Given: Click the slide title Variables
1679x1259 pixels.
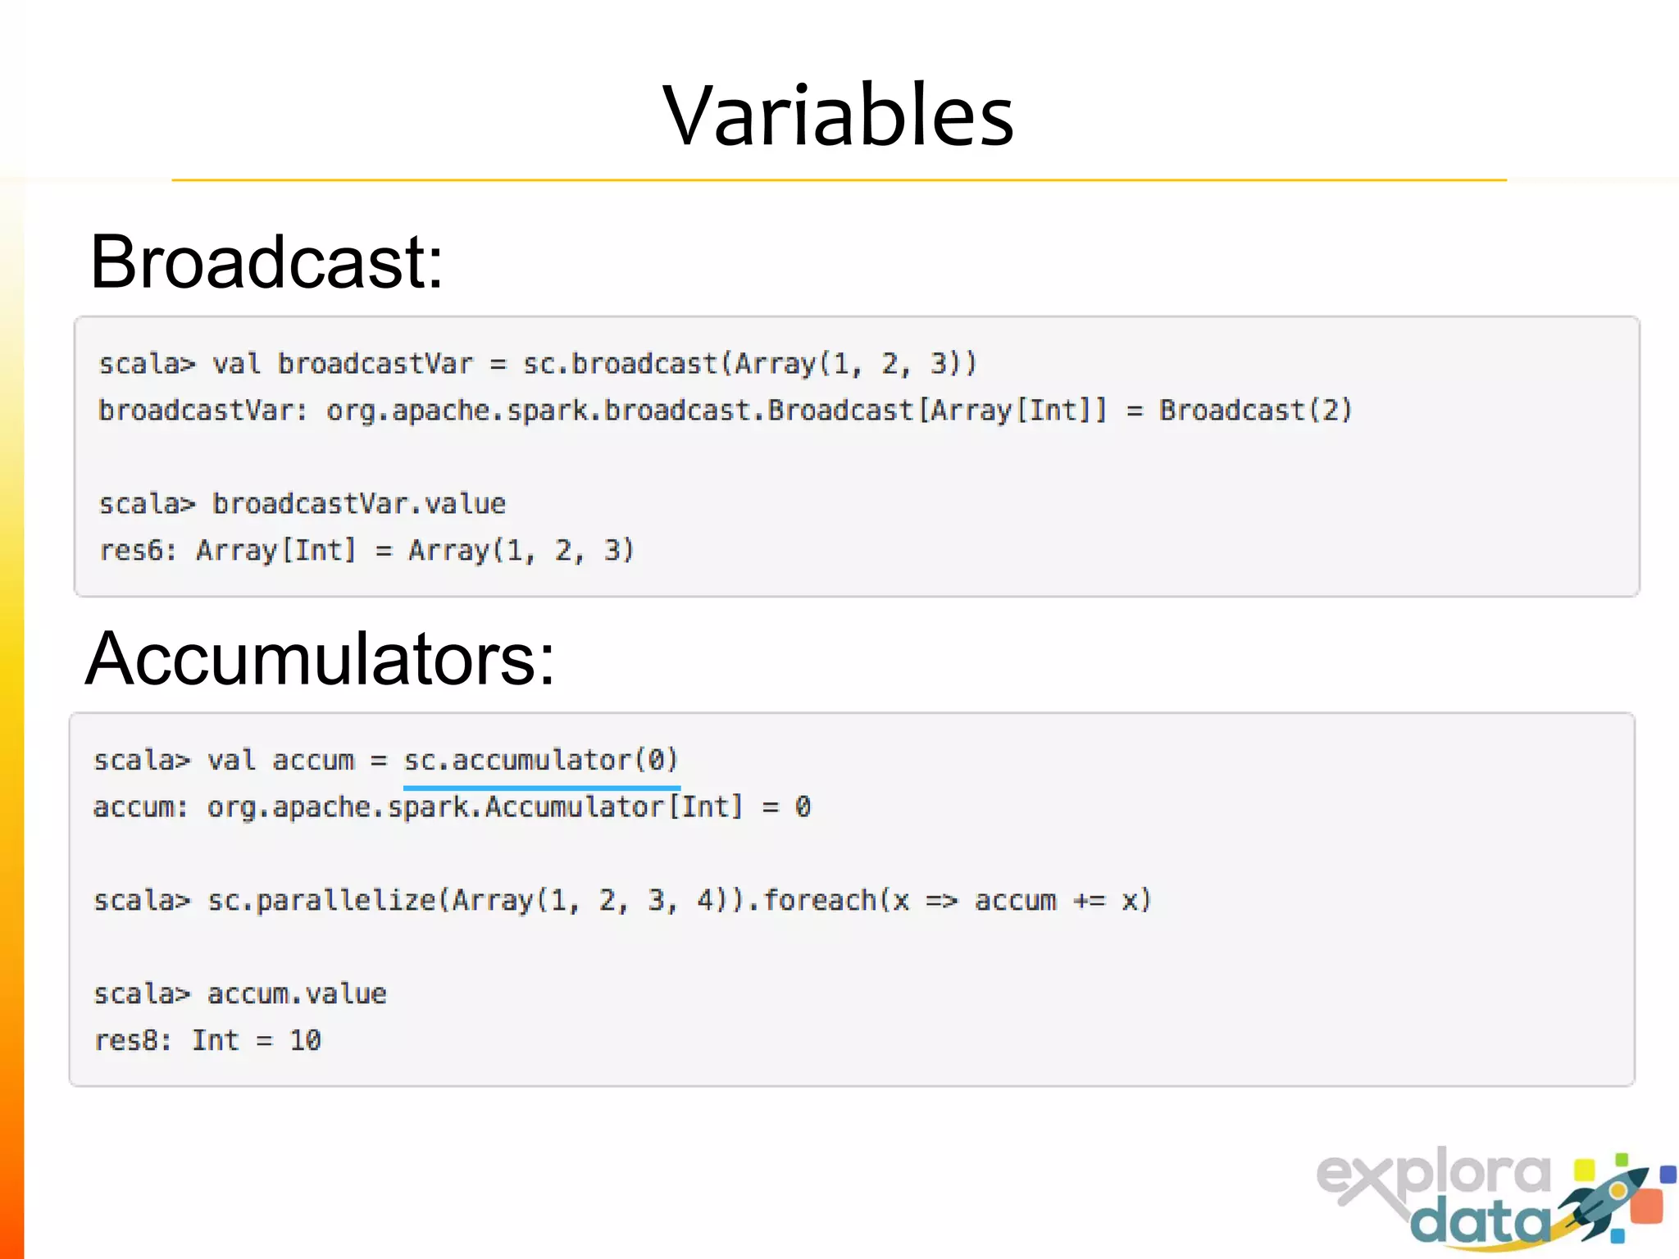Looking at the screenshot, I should coord(838,116).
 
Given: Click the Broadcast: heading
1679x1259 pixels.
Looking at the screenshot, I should coord(266,261).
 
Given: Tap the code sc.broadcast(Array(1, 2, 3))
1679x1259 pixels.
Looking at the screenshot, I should coord(749,364).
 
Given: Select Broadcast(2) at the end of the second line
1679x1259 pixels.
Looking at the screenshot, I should coord(1255,410).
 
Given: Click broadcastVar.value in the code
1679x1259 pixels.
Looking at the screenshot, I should coord(359,504).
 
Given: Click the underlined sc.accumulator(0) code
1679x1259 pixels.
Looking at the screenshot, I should coord(541,760).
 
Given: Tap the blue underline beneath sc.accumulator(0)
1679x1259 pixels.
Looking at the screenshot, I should coord(541,788).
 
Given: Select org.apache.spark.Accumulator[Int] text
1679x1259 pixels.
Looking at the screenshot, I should coord(475,807).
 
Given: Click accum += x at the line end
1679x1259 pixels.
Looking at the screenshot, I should coord(1062,901).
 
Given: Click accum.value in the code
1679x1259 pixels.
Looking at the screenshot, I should coord(297,994).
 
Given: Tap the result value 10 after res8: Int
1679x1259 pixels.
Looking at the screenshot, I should coord(305,1041).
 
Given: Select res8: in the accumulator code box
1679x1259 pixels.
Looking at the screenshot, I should coord(132,1041).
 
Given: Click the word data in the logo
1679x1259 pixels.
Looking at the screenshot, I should coord(1480,1224).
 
